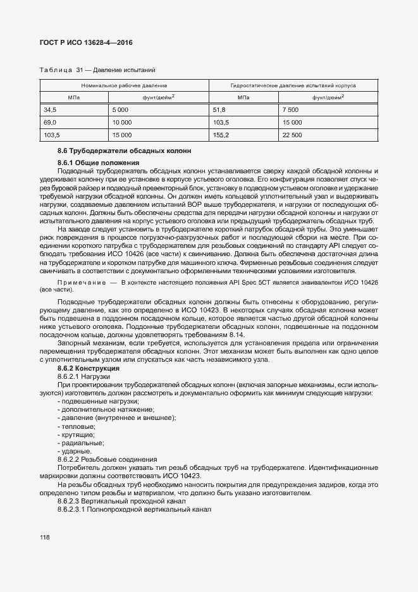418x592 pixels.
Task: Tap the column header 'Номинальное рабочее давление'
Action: click(x=124, y=85)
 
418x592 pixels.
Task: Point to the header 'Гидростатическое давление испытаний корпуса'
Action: click(x=293, y=85)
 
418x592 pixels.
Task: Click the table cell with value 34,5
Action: click(x=50, y=109)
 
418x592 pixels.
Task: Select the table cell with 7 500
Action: click(x=292, y=109)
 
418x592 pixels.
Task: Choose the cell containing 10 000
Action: click(x=121, y=122)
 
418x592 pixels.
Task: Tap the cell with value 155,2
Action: click(x=221, y=135)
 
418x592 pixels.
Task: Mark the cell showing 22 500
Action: click(x=293, y=135)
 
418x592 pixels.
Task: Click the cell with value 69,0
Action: click(x=50, y=122)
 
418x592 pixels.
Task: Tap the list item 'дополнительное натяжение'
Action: click(x=97, y=409)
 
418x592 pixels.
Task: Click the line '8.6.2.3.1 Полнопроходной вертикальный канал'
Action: click(x=134, y=509)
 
